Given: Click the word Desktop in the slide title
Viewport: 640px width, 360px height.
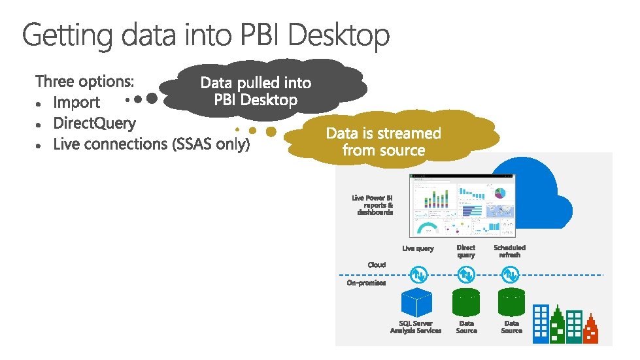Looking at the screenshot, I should click(x=339, y=35).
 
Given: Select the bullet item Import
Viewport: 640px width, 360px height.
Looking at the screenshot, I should click(x=76, y=103).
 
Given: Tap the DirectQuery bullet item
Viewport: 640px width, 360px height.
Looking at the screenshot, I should click(x=94, y=123).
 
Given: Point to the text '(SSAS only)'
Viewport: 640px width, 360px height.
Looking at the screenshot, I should click(x=211, y=144).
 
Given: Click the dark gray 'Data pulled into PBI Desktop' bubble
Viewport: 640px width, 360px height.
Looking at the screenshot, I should click(x=256, y=91).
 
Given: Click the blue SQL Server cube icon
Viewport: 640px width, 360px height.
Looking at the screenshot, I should click(x=416, y=302).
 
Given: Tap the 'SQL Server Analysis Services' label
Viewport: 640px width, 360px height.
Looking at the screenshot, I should click(x=416, y=327).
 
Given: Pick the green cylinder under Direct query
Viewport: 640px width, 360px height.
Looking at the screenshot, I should click(x=466, y=302).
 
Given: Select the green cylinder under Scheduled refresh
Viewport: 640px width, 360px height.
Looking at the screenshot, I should click(x=512, y=302).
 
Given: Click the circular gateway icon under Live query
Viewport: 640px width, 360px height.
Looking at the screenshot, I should click(x=416, y=274).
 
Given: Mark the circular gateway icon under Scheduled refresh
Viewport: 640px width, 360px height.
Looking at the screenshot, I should click(x=510, y=274).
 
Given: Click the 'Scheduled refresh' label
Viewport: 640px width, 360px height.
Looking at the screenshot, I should click(x=509, y=251).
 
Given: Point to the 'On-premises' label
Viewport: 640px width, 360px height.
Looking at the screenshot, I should click(x=366, y=283).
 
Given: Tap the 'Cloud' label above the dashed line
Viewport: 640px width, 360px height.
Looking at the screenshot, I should click(x=377, y=265).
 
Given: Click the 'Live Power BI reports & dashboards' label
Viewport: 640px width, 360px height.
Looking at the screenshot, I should click(x=373, y=205).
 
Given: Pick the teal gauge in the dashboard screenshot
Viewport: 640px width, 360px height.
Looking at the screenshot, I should click(x=429, y=229).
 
